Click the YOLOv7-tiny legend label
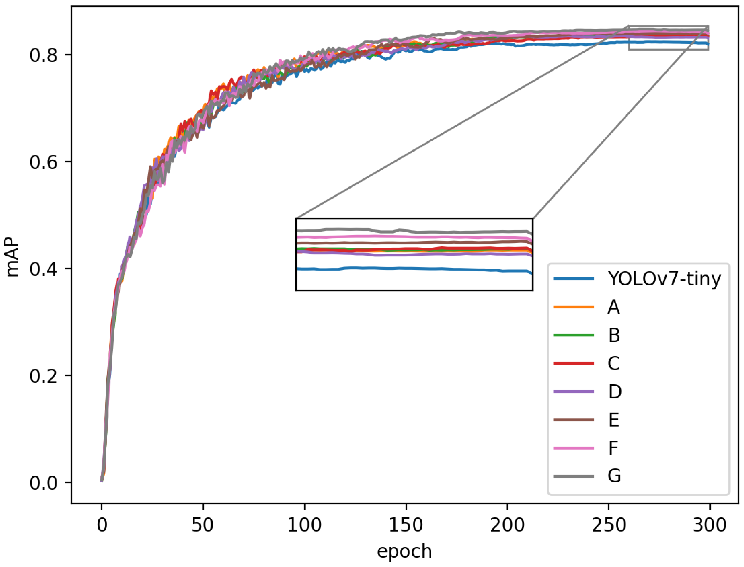pyautogui.click(x=664, y=279)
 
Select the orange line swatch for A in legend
pyautogui.click(x=573, y=307)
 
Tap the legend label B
pyautogui.click(x=614, y=335)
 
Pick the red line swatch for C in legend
pyautogui.click(x=573, y=363)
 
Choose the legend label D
pyautogui.click(x=615, y=391)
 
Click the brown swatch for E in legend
pyautogui.click(x=573, y=420)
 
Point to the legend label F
pyautogui.click(x=613, y=448)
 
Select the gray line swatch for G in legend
pyautogui.click(x=573, y=476)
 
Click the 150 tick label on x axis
pyautogui.click(x=406, y=525)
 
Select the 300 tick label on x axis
pyautogui.click(x=709, y=525)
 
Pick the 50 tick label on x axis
pyautogui.click(x=203, y=525)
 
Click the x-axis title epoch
pyautogui.click(x=404, y=551)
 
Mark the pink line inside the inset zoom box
pyautogui.click(x=405, y=237)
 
